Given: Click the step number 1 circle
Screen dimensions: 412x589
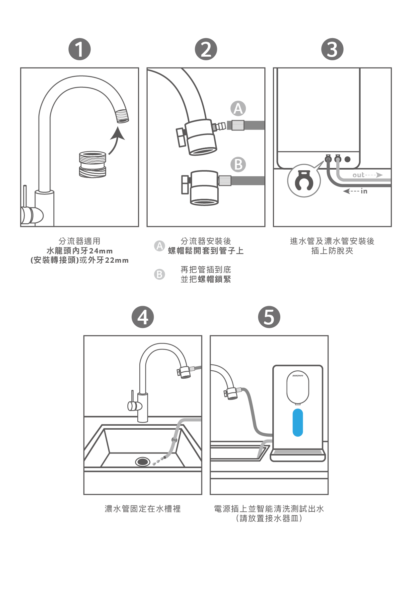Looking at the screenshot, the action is coord(80,49).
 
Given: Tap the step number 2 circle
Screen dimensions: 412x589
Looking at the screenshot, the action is coord(206,49).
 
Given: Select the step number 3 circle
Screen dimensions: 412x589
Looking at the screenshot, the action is coord(332,49).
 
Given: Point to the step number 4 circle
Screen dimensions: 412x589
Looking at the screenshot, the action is coord(143,317).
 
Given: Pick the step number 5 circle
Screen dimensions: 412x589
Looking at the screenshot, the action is coord(269,317).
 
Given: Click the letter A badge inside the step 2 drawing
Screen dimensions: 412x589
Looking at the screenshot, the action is coord(238,108).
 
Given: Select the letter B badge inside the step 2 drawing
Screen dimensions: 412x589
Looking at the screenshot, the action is coord(238,164).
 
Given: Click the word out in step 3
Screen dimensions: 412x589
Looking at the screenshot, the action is coord(358,175).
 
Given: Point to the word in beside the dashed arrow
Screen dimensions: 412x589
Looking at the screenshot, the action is coord(364,191).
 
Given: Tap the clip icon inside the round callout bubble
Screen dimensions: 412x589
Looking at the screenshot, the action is coord(304,181).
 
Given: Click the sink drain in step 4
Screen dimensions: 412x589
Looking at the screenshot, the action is coord(143,461).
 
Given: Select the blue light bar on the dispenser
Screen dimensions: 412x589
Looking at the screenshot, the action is coord(298,422).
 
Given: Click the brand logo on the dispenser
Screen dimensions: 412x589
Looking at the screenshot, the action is coord(298,376).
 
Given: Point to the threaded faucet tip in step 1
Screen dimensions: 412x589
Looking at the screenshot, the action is coord(122,116).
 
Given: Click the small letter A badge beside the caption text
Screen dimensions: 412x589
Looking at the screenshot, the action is coord(160,246).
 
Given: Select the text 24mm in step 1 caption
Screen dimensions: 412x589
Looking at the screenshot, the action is coord(101,251).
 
